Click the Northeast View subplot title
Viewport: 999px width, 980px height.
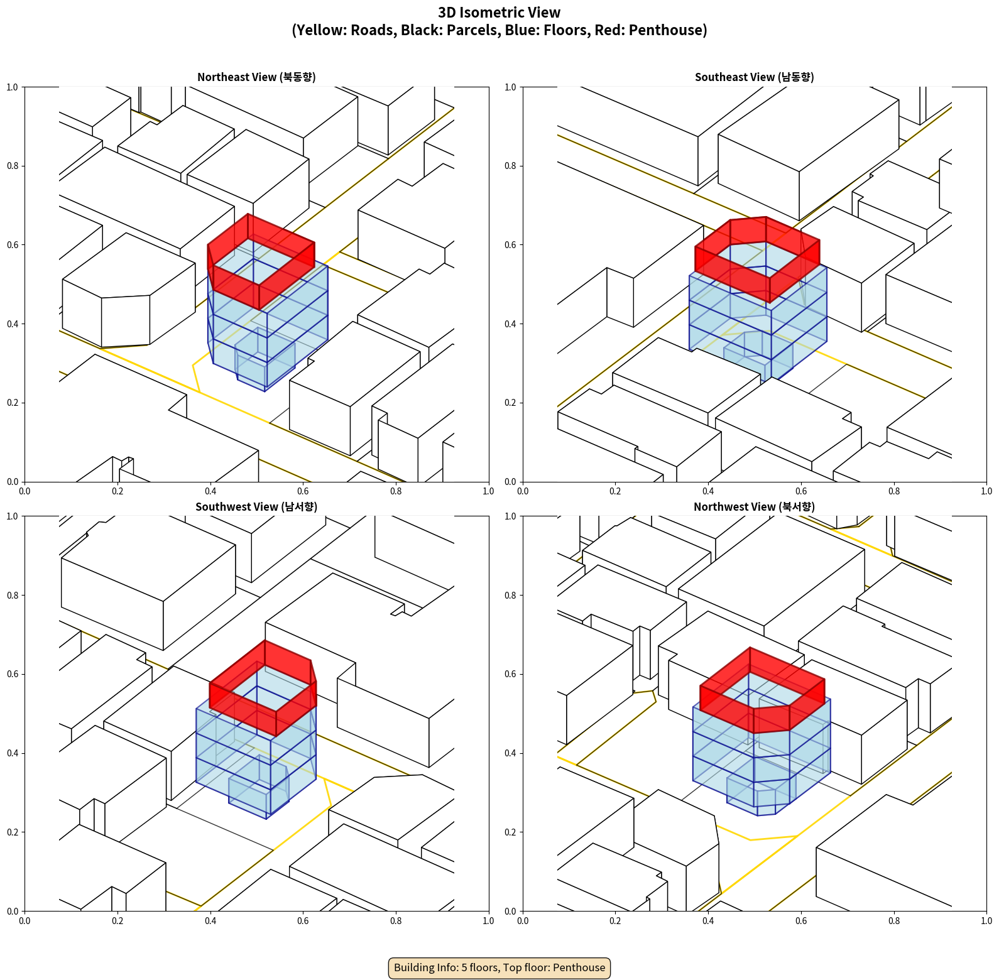point(256,77)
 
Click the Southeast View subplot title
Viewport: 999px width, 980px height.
point(754,77)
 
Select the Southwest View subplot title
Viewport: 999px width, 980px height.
point(256,507)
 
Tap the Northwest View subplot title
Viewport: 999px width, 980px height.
point(754,507)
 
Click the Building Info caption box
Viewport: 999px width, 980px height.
point(499,967)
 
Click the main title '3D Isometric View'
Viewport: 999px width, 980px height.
point(499,13)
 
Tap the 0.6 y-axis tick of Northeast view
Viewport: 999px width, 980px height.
point(13,245)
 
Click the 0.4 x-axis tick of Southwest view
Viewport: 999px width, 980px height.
point(210,921)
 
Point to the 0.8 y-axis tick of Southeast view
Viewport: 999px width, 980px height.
point(510,166)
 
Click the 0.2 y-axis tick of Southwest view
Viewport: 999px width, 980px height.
point(13,832)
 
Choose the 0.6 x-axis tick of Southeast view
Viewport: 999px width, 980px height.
point(801,491)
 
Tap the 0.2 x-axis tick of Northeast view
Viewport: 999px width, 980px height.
point(117,491)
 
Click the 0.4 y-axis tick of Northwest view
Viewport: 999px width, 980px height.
point(510,753)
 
